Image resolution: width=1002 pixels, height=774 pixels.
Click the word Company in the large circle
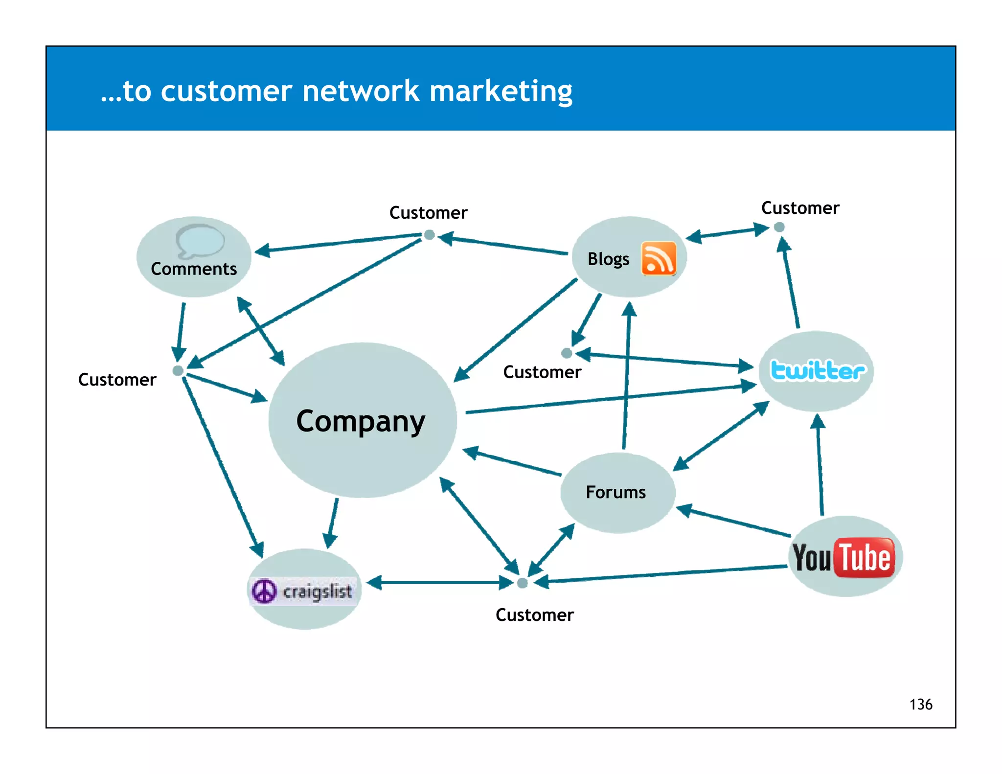(361, 421)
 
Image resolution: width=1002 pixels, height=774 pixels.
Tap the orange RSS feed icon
(659, 258)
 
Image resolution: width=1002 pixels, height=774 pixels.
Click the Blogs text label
(608, 259)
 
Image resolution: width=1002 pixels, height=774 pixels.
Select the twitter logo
(817, 370)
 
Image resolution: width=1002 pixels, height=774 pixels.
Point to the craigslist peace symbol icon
(264, 591)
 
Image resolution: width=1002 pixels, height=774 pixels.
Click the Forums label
(615, 492)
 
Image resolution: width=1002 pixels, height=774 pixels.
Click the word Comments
(194, 269)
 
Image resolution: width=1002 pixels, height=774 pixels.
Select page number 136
(920, 705)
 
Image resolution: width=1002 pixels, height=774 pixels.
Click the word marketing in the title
(501, 91)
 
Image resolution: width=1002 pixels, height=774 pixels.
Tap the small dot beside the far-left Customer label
(178, 371)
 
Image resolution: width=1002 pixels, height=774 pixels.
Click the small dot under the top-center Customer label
(429, 235)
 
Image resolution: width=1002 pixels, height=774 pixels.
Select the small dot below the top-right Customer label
(779, 227)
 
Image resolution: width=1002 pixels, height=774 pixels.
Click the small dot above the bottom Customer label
(522, 583)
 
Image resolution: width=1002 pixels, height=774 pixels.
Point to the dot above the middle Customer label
(567, 353)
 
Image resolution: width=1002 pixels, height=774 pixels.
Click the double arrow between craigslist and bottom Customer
(440, 583)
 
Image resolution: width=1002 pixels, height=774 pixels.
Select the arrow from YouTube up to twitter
(820, 465)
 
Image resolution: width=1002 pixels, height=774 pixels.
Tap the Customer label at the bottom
(534, 615)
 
